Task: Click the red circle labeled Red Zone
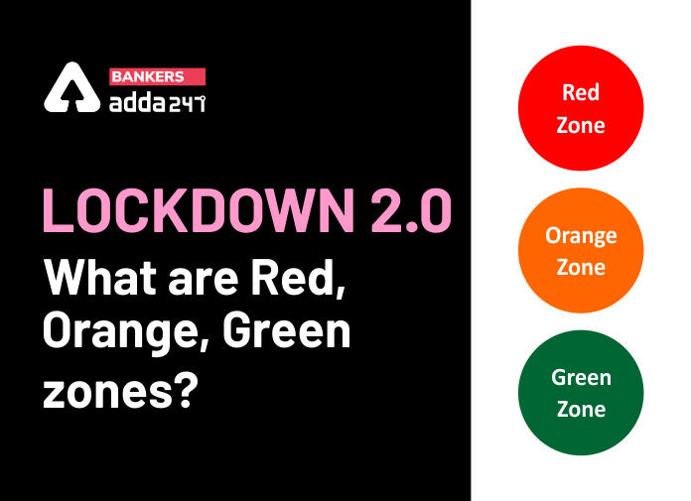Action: click(581, 108)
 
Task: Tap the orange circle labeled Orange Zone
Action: click(581, 250)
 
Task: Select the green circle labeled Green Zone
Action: click(581, 392)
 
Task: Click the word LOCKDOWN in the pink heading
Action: click(199, 210)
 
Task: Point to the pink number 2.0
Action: click(411, 210)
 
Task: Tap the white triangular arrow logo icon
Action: click(71, 87)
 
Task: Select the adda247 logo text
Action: click(157, 103)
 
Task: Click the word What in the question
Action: click(100, 279)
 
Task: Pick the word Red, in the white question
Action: click(299, 280)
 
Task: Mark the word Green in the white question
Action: click(287, 329)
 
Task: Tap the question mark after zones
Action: click(184, 389)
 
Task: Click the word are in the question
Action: click(204, 283)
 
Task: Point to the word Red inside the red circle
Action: click(581, 92)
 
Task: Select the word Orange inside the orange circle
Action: click(581, 236)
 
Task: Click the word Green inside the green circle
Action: click(581, 377)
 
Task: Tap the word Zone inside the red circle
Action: click(581, 125)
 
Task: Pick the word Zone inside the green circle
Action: click(581, 409)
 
